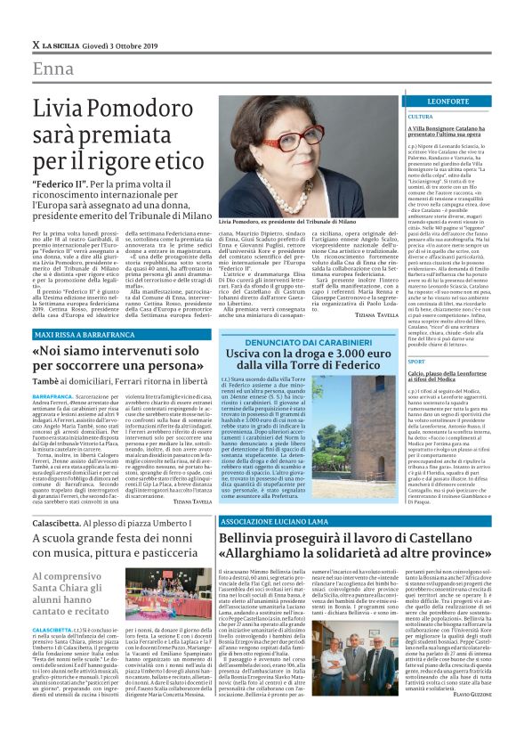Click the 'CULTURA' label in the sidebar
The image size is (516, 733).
[x=421, y=117]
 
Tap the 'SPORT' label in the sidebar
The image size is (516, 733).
[x=416, y=362]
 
